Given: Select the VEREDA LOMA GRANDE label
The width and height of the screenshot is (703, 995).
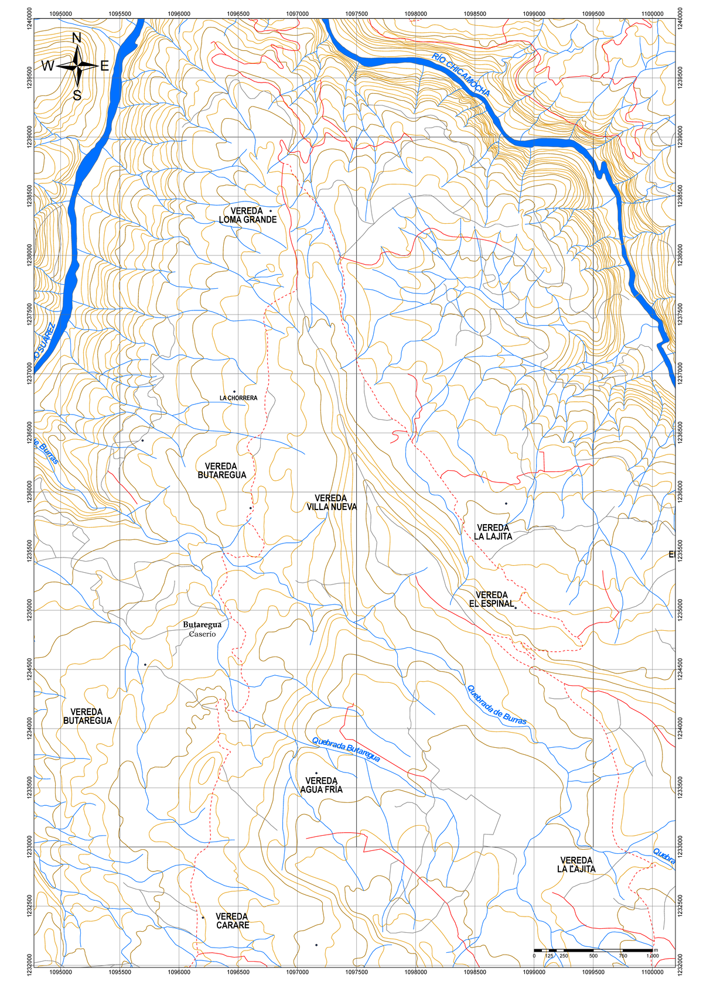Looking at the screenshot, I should click(247, 216).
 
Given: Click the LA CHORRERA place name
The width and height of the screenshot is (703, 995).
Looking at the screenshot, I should click(238, 398).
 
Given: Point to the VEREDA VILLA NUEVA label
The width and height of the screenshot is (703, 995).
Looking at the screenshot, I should click(332, 502).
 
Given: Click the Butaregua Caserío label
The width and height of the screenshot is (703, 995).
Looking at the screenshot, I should click(202, 630).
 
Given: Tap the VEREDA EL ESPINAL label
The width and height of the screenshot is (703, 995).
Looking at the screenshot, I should click(492, 599).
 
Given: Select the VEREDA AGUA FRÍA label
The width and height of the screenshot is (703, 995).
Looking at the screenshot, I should click(321, 785).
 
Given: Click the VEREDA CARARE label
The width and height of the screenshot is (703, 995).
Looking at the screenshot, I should click(233, 921).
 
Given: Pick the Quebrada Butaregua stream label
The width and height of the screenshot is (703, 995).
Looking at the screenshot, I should click(346, 750).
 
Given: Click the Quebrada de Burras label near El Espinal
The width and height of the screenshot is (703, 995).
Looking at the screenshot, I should click(496, 705).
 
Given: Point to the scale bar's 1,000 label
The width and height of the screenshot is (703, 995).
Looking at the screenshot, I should click(652, 956).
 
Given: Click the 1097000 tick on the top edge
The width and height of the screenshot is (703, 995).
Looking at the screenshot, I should click(297, 13).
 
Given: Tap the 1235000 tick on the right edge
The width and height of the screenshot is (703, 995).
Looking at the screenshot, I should click(681, 610).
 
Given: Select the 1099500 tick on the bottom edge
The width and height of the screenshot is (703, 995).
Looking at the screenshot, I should click(593, 972).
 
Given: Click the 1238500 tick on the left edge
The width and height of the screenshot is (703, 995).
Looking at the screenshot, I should click(29, 196).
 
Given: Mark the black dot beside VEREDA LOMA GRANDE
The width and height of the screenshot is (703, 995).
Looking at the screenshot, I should click(270, 211).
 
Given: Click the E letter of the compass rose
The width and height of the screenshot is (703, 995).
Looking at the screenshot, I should click(105, 66).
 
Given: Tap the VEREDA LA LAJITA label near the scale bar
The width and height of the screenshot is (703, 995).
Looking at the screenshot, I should click(576, 865).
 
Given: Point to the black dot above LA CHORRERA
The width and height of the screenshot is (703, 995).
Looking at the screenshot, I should click(234, 392).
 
